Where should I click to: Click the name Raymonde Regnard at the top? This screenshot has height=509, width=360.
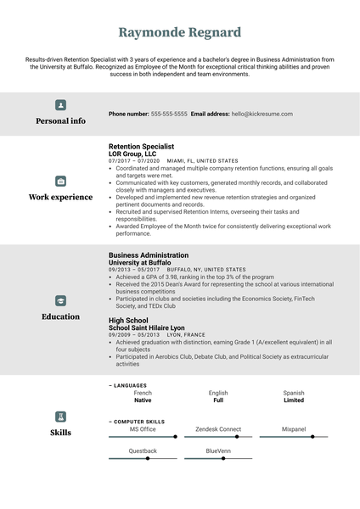[x=180, y=32]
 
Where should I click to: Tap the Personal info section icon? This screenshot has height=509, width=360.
[x=60, y=105]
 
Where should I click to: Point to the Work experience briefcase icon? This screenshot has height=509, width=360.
[x=60, y=182]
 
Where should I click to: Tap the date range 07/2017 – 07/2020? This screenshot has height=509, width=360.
[x=134, y=160]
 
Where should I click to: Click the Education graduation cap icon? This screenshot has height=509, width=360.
[x=60, y=301]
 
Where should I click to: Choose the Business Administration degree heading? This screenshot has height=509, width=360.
[x=149, y=255]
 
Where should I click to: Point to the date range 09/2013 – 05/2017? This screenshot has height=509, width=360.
[x=134, y=269]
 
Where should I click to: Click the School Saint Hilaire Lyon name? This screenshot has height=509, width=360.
[x=147, y=327]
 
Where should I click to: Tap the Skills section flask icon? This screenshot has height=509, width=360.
[x=60, y=417]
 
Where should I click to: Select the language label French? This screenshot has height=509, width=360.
[x=143, y=393]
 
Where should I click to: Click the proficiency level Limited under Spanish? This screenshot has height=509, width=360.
[x=294, y=400]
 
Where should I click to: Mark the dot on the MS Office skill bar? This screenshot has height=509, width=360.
[x=176, y=437]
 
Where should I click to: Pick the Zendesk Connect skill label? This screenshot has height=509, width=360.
[x=218, y=429]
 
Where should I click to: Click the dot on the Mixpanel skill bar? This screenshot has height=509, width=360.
[x=312, y=437]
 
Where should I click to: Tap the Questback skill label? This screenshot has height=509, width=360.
[x=143, y=450]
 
